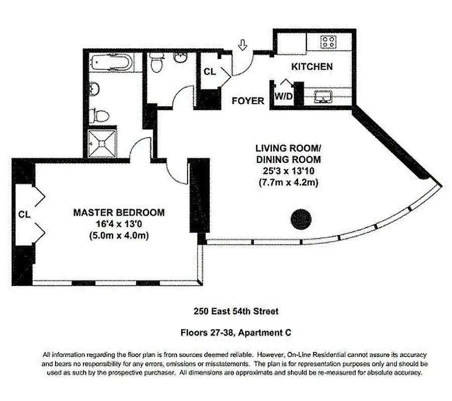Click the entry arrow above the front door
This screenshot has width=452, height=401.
pos(243,46)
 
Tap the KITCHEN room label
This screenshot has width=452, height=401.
pos(312,66)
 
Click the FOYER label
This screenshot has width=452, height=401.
pos(248,101)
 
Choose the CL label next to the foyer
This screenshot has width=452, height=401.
pos(209,72)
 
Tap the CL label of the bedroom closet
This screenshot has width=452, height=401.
pos(24,214)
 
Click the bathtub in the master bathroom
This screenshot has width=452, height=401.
pos(111,64)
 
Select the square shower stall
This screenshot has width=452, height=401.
pos(102,142)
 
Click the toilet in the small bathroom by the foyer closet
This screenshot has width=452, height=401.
pos(157,64)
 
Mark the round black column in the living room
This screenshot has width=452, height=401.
pos(302,218)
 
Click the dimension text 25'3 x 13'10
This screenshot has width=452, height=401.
pos(287,171)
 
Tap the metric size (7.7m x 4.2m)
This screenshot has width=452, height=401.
pos(287,182)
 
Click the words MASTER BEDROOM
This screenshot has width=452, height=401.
pos(118,213)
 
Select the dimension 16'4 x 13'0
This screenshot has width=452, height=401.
pos(118,224)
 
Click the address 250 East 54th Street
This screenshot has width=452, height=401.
pos(236,311)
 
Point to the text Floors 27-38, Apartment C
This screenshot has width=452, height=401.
pos(236,332)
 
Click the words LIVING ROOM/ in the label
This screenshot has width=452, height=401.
pos(287,148)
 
